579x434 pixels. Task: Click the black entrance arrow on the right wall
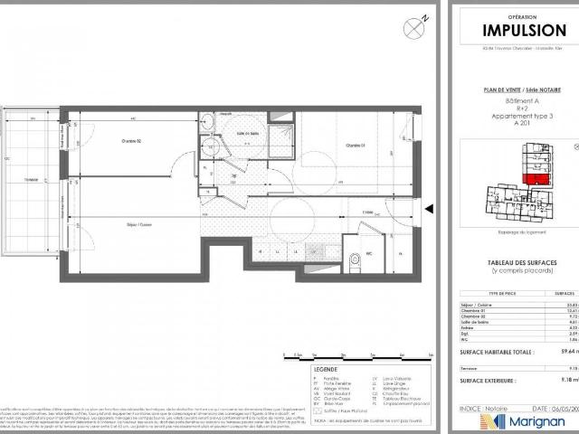429,210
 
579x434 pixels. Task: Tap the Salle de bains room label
242,133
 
